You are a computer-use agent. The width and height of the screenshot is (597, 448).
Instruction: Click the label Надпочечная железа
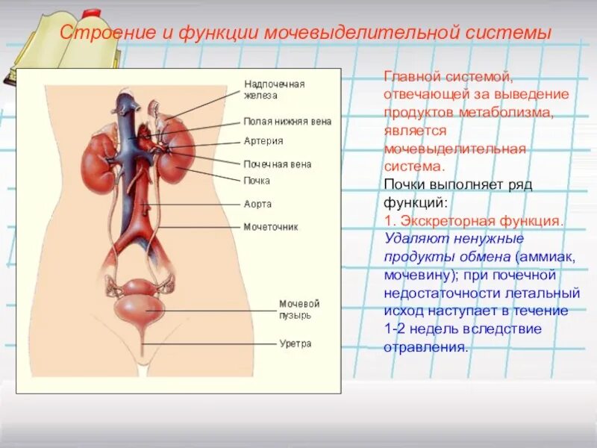point(275,90)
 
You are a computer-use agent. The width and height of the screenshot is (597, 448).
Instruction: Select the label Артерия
point(263,141)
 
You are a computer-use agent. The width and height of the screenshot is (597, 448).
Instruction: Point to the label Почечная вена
point(277,164)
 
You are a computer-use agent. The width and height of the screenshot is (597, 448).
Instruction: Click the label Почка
point(257,181)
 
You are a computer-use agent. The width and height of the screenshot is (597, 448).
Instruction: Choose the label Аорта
point(257,203)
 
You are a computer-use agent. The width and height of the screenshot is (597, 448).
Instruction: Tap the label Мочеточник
point(271,226)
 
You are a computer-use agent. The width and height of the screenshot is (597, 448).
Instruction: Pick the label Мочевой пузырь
point(299,309)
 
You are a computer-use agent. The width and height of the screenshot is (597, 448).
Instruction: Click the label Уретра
point(296,343)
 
